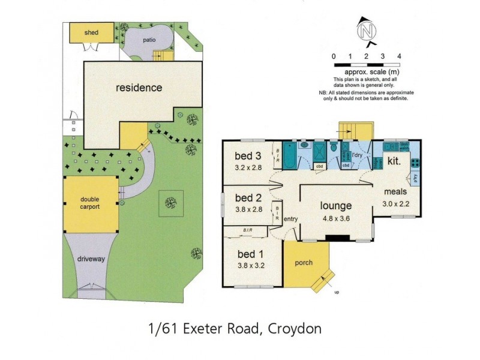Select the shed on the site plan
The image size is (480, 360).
(x=91, y=32)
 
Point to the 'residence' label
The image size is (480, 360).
(x=139, y=88)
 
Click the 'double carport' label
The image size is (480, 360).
(x=90, y=203)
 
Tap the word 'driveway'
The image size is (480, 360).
(x=91, y=259)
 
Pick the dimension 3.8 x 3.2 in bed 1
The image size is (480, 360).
(x=251, y=264)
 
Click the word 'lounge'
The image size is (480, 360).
(x=335, y=207)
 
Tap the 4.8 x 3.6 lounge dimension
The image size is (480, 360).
(x=335, y=219)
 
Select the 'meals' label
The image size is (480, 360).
(x=395, y=192)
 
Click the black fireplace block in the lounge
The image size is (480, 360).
(x=336, y=238)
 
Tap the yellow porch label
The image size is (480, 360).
(x=304, y=263)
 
